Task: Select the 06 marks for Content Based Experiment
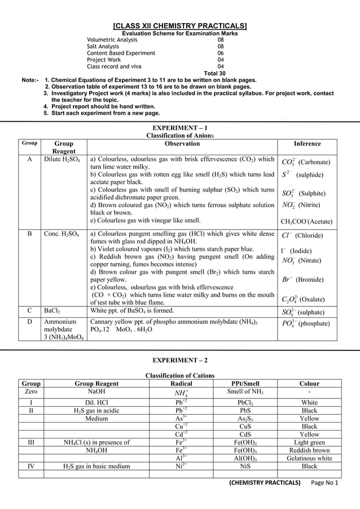click(221, 53)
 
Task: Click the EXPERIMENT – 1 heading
click(180, 128)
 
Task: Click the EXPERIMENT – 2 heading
click(180, 359)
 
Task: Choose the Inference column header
click(307, 144)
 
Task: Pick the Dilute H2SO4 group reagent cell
click(62, 160)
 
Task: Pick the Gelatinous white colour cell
click(309, 458)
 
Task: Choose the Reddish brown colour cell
click(309, 450)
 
